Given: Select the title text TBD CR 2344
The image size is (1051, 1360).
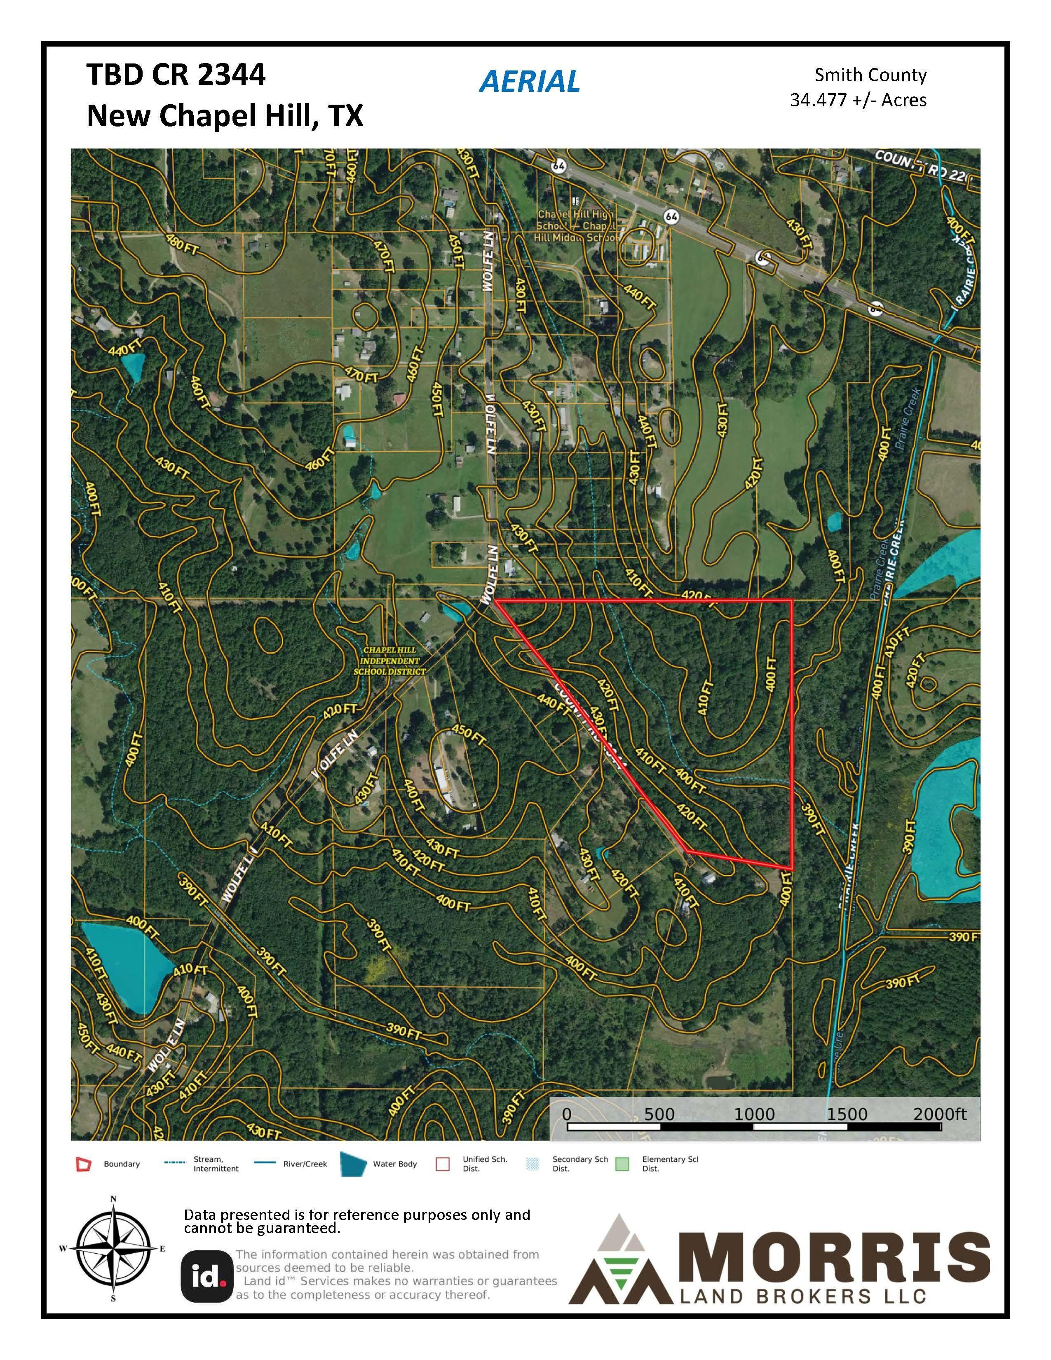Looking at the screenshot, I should pyautogui.click(x=176, y=75).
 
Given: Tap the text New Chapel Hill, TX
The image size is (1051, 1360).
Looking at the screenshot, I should pyautogui.click(x=224, y=116).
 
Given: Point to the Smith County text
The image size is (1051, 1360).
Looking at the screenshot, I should pyautogui.click(x=870, y=75).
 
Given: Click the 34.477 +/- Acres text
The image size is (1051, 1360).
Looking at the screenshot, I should pyautogui.click(x=858, y=100).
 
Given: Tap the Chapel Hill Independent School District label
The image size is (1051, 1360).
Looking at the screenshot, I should pyautogui.click(x=390, y=661).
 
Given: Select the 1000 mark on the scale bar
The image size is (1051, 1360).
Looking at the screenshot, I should pyautogui.click(x=754, y=1114).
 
